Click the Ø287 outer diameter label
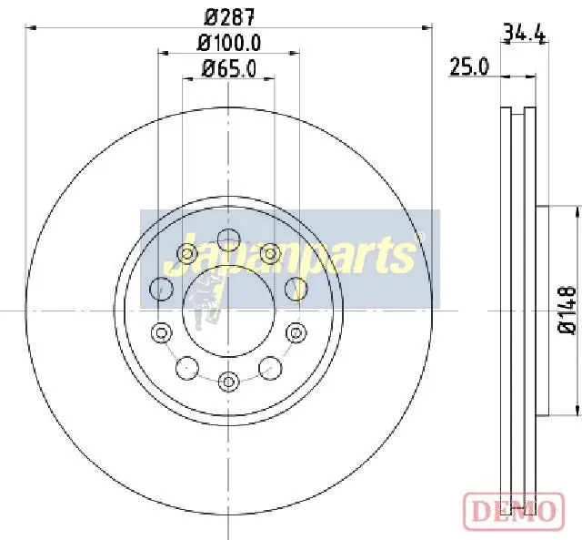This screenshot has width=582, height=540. click(x=228, y=15)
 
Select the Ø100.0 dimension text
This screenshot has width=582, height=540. click(x=229, y=42)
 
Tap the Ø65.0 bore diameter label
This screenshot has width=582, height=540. click(x=229, y=67)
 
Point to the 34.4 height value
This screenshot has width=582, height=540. click(x=524, y=35)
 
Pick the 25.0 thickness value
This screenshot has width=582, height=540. click(x=469, y=66)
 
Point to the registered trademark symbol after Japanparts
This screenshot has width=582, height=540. click(x=419, y=237)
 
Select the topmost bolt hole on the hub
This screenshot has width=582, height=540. click(x=228, y=239)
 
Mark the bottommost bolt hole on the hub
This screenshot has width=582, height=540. click(x=228, y=380)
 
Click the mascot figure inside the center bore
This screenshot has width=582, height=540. click(x=208, y=305)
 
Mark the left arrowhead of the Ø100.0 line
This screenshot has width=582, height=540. click(x=163, y=53)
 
